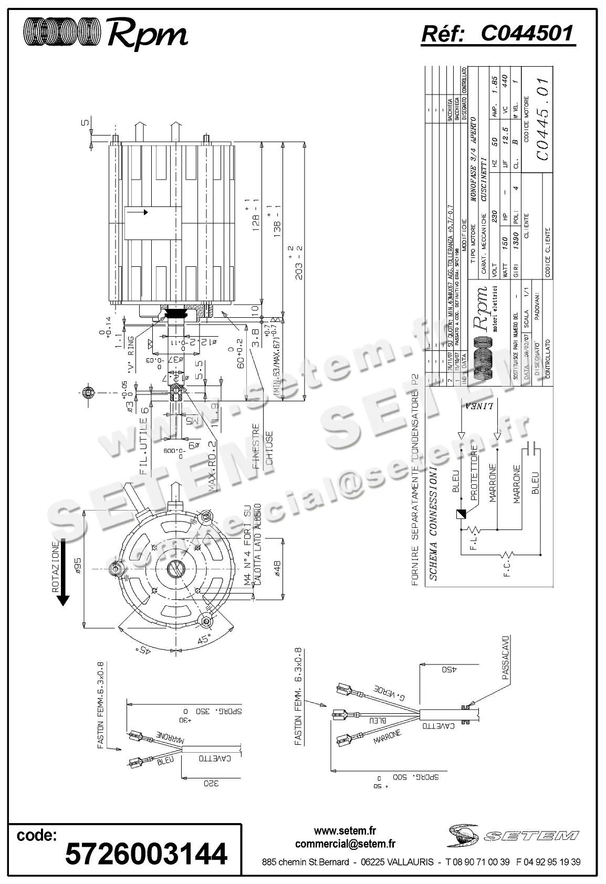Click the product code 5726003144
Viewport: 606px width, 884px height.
coord(146,853)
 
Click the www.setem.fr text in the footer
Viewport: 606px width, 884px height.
coord(345,830)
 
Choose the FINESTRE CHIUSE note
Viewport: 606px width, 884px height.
coord(263,446)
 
